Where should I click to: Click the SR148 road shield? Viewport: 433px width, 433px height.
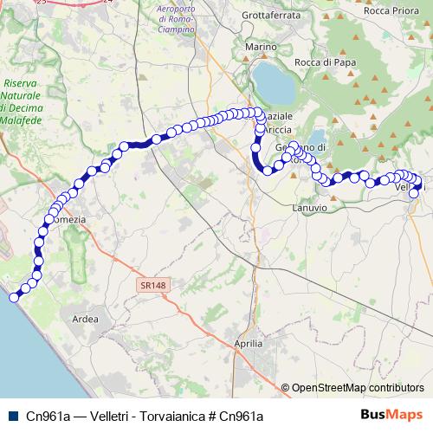[151, 283]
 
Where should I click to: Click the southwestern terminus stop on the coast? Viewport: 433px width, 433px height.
[14, 297]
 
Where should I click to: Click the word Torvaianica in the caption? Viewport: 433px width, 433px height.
[169, 415]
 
